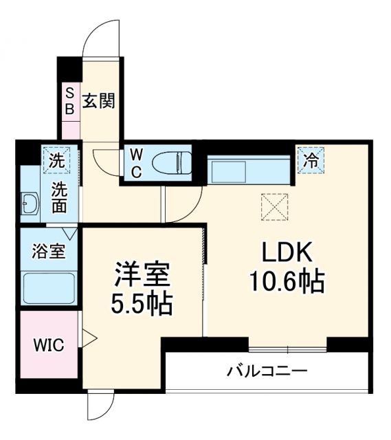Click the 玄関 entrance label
point(100,100)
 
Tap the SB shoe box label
point(70,100)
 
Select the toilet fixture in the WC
point(172,164)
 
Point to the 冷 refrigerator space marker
point(311,160)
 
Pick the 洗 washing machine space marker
point(54,162)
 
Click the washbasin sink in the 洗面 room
point(30,203)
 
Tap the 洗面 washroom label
point(59,197)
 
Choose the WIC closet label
point(49,344)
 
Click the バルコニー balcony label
point(267,373)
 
